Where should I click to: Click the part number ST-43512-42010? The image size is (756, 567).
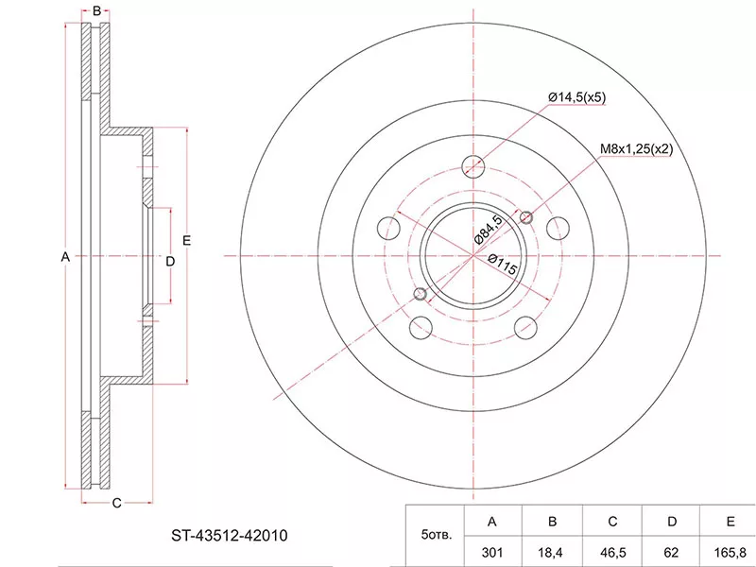point(230,535)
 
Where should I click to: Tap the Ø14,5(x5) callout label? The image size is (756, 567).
point(577,97)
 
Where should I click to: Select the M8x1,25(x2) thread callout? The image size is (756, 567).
point(636,149)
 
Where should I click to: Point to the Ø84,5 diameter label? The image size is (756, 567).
point(489,230)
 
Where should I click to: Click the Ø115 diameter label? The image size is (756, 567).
point(503,265)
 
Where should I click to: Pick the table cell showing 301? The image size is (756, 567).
point(491,552)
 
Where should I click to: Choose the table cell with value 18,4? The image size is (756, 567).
point(553,552)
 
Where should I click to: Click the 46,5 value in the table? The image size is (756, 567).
point(612,552)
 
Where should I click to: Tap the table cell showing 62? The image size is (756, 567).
point(671,552)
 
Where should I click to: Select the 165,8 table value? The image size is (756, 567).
point(730,552)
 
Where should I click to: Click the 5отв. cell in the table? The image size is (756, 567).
point(437,535)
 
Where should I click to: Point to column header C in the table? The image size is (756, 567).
point(612,522)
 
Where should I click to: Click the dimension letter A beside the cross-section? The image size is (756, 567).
point(65,257)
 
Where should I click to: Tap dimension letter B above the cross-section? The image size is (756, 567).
point(96,11)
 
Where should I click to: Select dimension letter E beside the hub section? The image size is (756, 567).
point(186,240)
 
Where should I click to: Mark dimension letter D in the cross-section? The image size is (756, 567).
point(170,262)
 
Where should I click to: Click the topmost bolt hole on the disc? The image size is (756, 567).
point(473,167)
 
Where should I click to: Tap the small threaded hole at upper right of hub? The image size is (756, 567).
point(526,217)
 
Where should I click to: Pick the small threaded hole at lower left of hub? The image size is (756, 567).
point(421,294)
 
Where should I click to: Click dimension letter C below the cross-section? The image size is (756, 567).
point(116,504)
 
